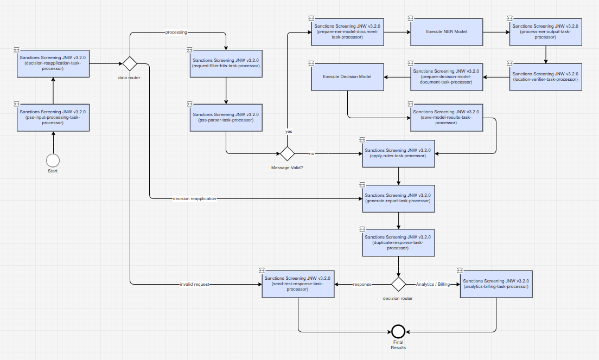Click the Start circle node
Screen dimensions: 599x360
[x=53, y=160]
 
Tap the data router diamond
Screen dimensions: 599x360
[x=130, y=64]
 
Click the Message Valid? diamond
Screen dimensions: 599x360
[x=287, y=153]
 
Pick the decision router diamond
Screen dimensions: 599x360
[x=398, y=284]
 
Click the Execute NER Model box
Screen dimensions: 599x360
[x=447, y=32]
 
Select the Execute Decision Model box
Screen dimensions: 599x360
[x=348, y=77]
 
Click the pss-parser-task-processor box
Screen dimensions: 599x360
[x=226, y=118]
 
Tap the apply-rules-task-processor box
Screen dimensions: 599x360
[x=398, y=153]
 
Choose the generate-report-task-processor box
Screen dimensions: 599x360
[x=398, y=198]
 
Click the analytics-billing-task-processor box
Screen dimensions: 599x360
[x=496, y=284]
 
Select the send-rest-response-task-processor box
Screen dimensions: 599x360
[x=298, y=284]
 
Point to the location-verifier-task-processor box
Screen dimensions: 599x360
[x=545, y=77]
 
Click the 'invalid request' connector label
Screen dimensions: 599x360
[x=194, y=285]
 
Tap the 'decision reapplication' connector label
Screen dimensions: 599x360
[x=194, y=198]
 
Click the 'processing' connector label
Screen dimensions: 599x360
[x=176, y=33]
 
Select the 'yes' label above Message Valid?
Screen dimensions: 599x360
[x=289, y=131]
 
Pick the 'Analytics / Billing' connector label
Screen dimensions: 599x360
[x=433, y=285]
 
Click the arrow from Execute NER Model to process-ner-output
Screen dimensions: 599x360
[x=496, y=32]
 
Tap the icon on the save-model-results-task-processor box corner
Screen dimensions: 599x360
[x=410, y=104]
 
